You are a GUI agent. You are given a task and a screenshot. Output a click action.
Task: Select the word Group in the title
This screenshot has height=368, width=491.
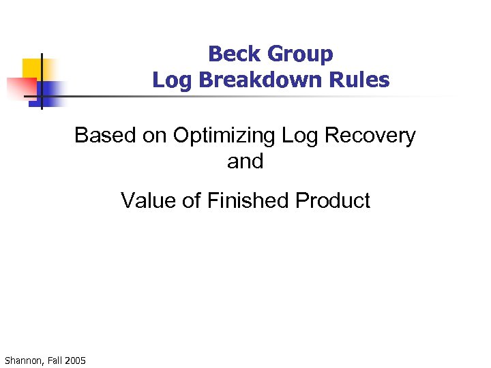click(299, 54)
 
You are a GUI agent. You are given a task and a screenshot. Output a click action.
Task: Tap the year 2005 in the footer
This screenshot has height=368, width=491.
click(76, 359)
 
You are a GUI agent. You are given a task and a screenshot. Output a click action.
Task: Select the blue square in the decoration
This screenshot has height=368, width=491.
click(52, 91)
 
